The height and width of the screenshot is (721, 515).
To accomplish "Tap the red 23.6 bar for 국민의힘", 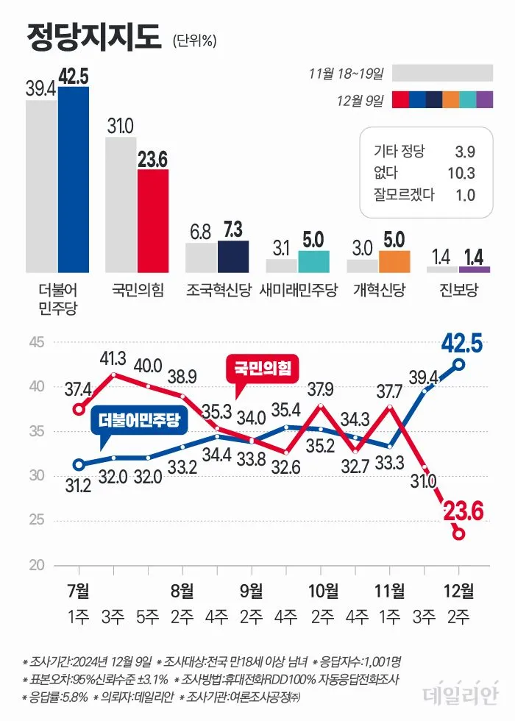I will coord(153,221).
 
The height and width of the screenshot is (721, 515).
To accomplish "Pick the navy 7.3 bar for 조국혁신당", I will coord(233,256).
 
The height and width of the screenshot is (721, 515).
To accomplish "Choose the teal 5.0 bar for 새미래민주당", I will coord(313,261).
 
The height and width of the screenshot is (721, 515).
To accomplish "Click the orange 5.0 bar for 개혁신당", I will coord(394,261).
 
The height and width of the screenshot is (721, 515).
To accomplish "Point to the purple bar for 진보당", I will coord(474,269).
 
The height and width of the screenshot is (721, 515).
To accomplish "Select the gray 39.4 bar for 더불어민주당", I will coord(42,185).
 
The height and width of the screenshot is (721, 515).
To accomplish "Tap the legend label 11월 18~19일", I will coord(347,74).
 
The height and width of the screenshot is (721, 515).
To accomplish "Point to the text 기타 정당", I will coord(399,152).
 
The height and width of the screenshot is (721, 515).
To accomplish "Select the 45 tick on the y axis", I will coord(37,342).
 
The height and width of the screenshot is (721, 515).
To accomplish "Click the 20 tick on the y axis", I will coord(37,566).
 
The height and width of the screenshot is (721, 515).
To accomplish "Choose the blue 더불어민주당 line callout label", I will coord(138,421).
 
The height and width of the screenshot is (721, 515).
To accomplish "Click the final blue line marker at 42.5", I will coord(459,363).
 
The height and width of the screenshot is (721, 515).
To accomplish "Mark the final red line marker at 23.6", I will coord(459,533).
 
